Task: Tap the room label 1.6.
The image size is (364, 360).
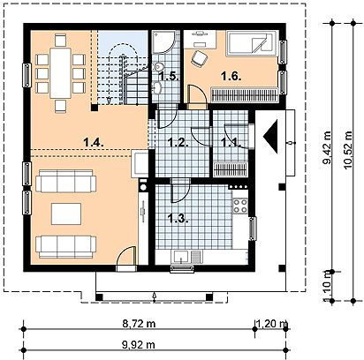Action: tap(232, 77)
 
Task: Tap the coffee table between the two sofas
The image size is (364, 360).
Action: tap(64, 214)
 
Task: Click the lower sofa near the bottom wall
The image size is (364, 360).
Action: tap(62, 244)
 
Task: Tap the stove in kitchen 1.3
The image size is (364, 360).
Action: tap(239, 207)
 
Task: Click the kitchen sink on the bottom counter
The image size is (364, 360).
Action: tap(182, 257)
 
